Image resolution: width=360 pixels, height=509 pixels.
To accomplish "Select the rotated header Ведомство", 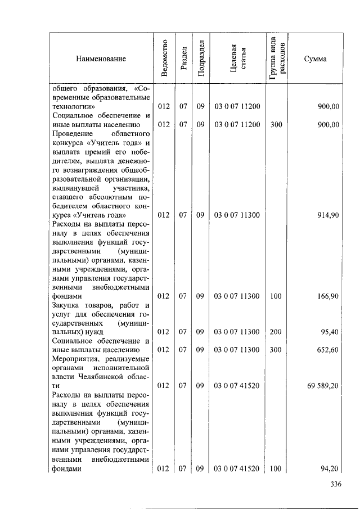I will [164, 58].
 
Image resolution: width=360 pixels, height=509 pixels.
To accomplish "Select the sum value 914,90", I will [327, 215].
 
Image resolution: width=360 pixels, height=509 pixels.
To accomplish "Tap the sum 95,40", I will [330, 332].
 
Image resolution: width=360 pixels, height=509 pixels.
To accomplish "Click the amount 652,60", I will [327, 349].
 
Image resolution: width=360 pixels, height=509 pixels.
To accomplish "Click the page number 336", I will [336, 484].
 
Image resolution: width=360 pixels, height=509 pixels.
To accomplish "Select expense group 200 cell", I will [276, 332].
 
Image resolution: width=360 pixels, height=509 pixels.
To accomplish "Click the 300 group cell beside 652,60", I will [276, 349].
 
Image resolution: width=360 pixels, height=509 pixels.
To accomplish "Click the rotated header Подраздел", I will [201, 58].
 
